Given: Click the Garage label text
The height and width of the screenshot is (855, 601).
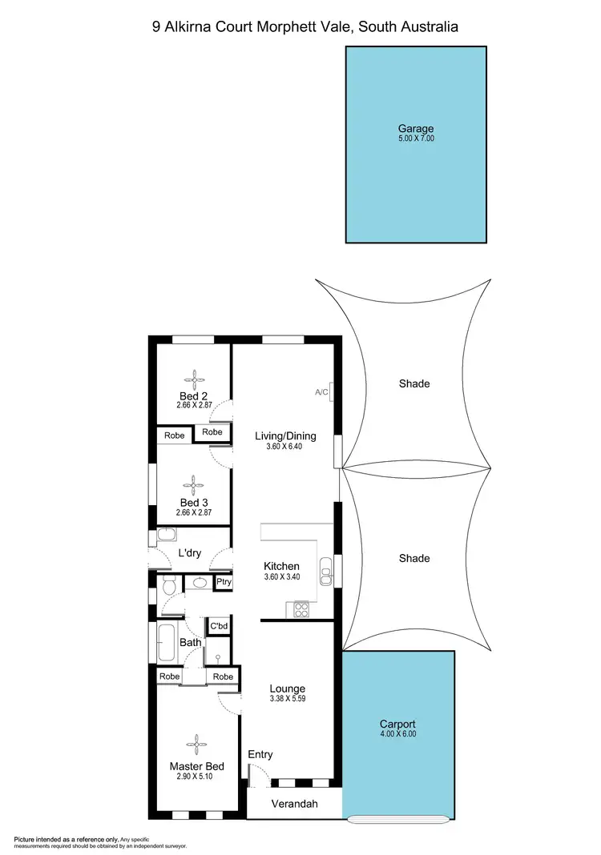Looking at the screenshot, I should tap(416, 128).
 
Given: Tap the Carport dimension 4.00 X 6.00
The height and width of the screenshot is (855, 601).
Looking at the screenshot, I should tap(398, 733).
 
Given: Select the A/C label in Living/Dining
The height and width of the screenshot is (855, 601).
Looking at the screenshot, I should tap(321, 392).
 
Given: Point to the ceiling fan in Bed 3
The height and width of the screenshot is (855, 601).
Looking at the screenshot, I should tap(193, 484).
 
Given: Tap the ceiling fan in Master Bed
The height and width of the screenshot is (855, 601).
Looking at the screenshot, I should tap(196, 746).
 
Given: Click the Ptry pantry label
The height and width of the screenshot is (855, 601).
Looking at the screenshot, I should tap(223, 583).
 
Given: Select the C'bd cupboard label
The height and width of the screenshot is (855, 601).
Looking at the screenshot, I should tap(219, 626).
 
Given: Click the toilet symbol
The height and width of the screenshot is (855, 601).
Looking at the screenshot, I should tap(167, 587).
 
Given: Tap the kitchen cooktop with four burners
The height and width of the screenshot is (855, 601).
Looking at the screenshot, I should tap(302, 610).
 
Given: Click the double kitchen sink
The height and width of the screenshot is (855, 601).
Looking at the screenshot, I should tap(325, 569).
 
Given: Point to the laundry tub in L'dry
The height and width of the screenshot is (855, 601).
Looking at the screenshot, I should tap(167, 536).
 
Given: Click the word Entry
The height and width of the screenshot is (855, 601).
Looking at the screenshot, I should tap(260, 754).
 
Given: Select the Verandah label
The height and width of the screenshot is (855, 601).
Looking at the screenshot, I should tap(293, 804).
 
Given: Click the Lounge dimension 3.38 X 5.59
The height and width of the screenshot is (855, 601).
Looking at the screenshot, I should tap(287, 699).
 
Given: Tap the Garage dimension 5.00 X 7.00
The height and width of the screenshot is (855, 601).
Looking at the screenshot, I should tap(416, 138).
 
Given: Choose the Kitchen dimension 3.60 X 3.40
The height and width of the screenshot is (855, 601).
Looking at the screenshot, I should tap(281, 576).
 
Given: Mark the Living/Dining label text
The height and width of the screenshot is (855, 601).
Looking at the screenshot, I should tap(285, 436).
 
